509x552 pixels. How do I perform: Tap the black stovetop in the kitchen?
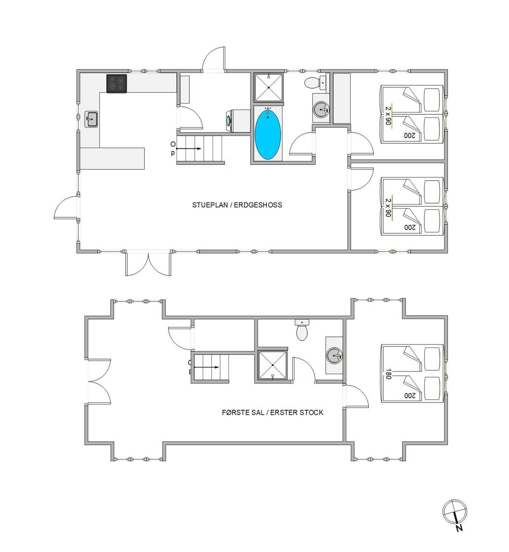117,84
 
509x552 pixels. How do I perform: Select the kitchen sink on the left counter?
91,119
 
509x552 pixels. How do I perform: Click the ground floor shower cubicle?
269,87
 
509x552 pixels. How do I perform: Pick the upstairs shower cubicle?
273,365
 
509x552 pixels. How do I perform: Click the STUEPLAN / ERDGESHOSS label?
237,205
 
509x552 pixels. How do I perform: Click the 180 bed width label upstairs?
389,374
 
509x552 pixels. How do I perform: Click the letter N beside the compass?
459,528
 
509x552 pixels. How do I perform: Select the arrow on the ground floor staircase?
189,148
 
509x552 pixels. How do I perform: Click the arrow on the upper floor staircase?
206,367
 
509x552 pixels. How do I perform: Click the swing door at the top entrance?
214,59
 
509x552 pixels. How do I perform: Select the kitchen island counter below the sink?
112,158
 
